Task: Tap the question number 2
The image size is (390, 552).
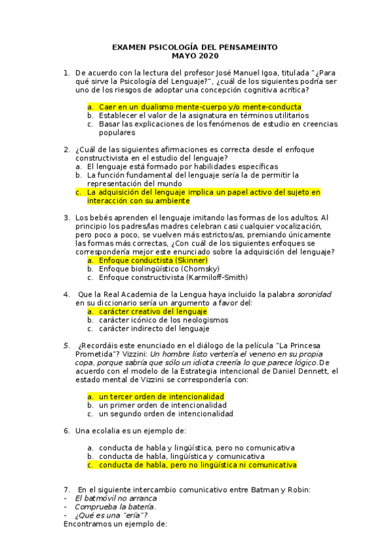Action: (x=66, y=150)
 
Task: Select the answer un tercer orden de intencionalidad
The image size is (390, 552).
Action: (x=161, y=396)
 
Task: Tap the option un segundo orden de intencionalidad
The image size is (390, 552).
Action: (x=165, y=413)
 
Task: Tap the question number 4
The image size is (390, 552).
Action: (x=66, y=294)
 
